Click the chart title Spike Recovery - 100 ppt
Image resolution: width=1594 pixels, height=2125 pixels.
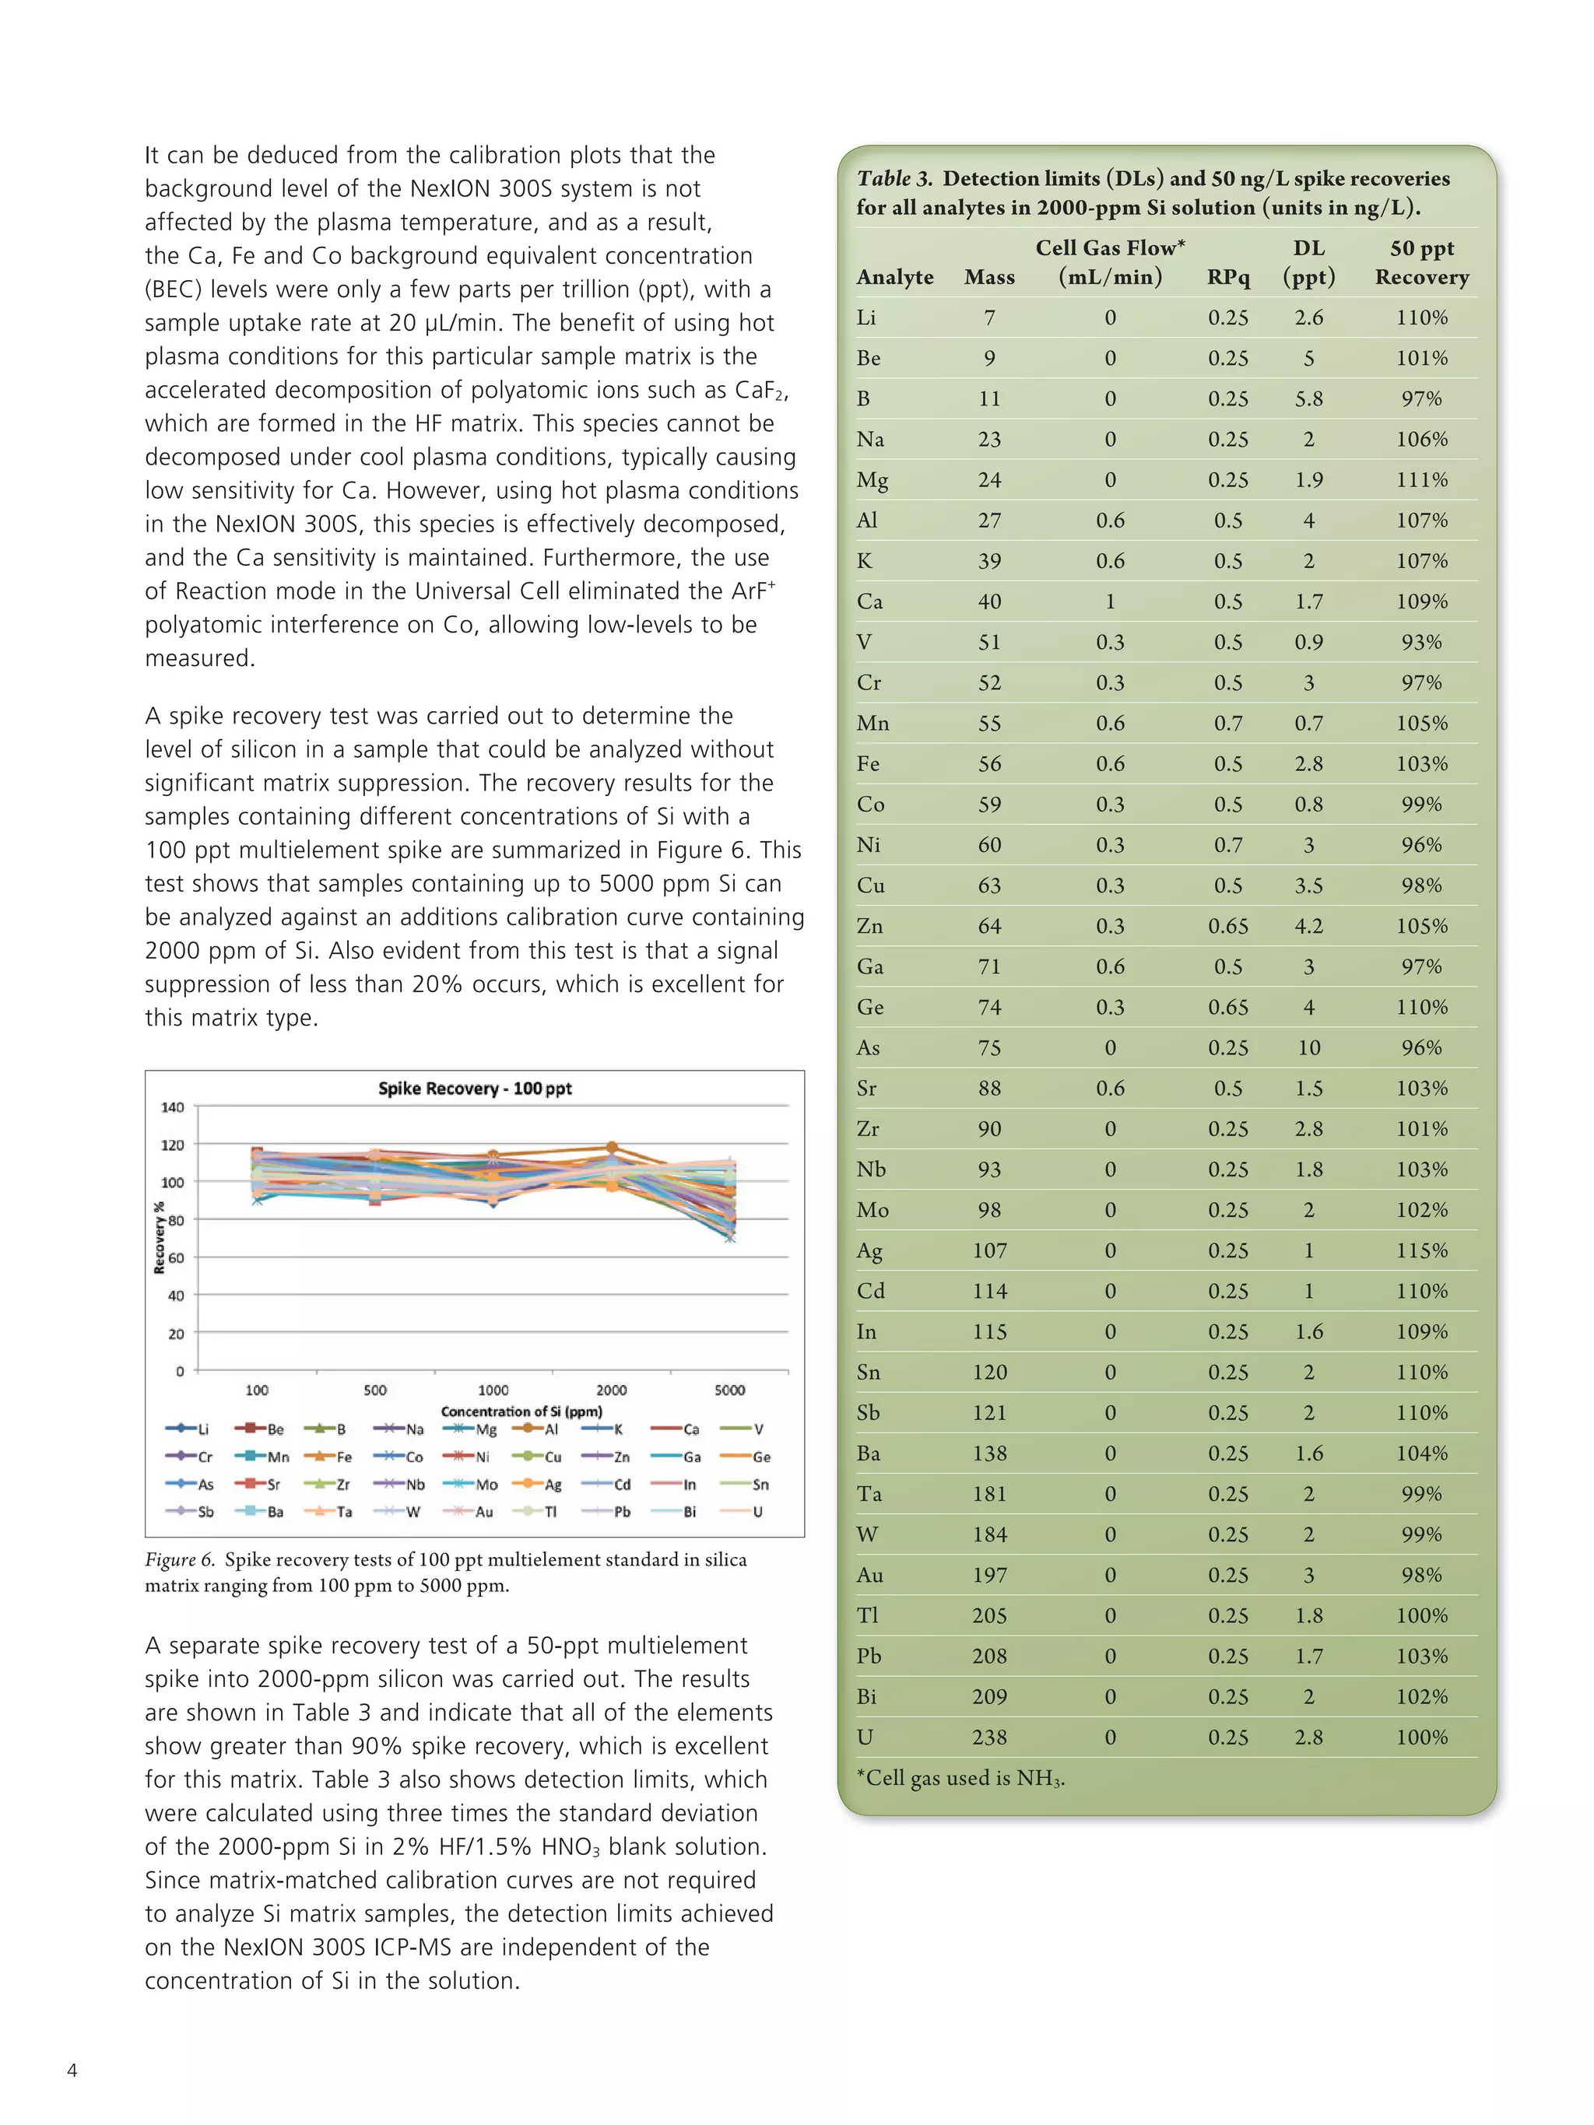(475, 1089)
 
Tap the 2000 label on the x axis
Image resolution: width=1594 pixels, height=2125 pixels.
(611, 1390)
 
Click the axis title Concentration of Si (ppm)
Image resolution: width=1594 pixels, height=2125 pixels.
(521, 1411)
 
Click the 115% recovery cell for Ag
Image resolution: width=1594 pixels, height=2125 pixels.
(1421, 1250)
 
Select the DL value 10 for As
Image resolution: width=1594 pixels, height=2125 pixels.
(1308, 1048)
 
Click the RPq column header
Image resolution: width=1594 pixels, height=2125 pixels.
(1228, 278)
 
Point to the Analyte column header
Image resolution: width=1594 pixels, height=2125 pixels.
(894, 278)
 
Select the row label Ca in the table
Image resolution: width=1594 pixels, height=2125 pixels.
(869, 601)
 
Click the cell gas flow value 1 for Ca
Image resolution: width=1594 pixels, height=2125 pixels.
(1110, 601)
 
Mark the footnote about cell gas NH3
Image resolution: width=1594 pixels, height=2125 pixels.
(960, 1778)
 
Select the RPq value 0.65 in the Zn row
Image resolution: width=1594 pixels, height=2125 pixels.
(1228, 926)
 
